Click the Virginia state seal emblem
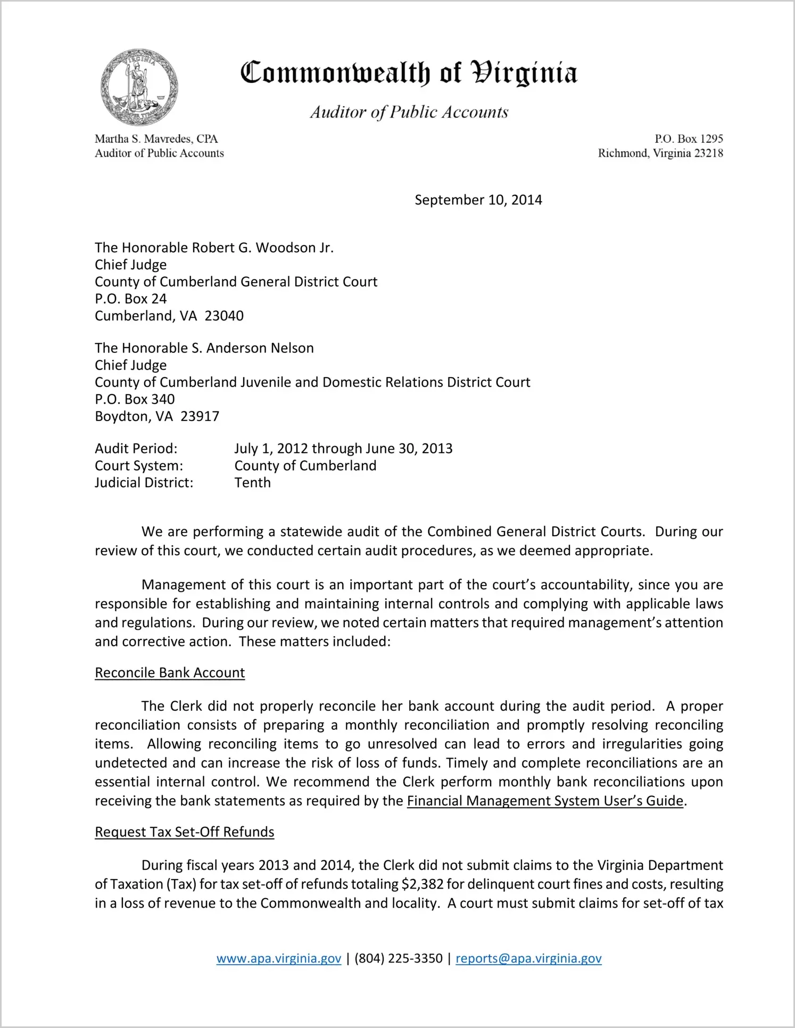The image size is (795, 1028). (x=139, y=87)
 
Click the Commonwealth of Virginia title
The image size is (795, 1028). (x=409, y=73)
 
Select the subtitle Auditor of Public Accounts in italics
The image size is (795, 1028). (x=409, y=112)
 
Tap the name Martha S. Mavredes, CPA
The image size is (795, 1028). (x=156, y=139)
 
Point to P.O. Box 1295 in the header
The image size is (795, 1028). (x=689, y=139)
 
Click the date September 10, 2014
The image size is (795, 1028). (x=478, y=200)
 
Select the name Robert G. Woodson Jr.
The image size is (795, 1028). (x=262, y=248)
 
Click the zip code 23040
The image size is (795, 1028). (x=224, y=316)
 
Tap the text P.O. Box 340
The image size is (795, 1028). (x=135, y=399)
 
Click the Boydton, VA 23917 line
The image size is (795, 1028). (x=157, y=416)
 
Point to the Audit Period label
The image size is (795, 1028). (x=136, y=449)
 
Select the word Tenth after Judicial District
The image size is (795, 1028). (x=253, y=483)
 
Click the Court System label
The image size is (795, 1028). (x=139, y=466)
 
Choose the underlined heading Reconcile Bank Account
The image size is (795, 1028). (x=170, y=673)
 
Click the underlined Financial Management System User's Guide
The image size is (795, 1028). (x=545, y=801)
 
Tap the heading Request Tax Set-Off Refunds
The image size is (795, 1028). (x=185, y=832)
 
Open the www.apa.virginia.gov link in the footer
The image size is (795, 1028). (x=279, y=959)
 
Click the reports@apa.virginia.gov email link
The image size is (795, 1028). (x=528, y=959)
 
